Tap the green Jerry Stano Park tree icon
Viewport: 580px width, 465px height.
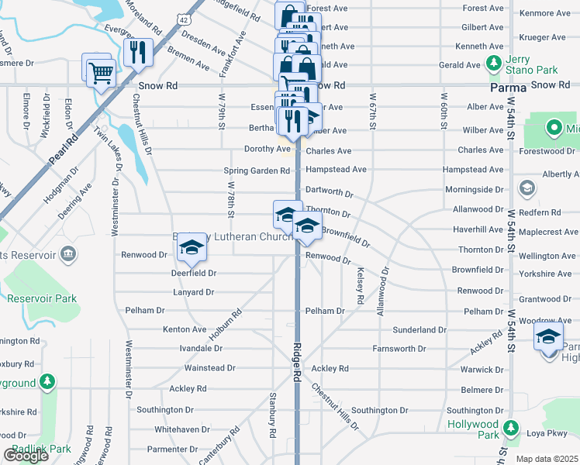pos(492,62)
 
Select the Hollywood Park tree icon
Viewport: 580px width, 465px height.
pos(510,427)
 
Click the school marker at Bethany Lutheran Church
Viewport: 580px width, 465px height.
pos(192,247)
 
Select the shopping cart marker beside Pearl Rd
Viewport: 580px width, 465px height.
pos(98,73)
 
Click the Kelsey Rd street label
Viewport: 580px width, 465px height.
pos(361,286)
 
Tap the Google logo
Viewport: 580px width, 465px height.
pos(26,456)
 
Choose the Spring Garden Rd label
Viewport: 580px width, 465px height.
pos(256,170)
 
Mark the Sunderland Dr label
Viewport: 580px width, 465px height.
pos(419,329)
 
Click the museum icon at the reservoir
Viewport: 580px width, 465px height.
pos(67,253)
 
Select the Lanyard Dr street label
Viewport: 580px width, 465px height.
pos(192,292)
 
